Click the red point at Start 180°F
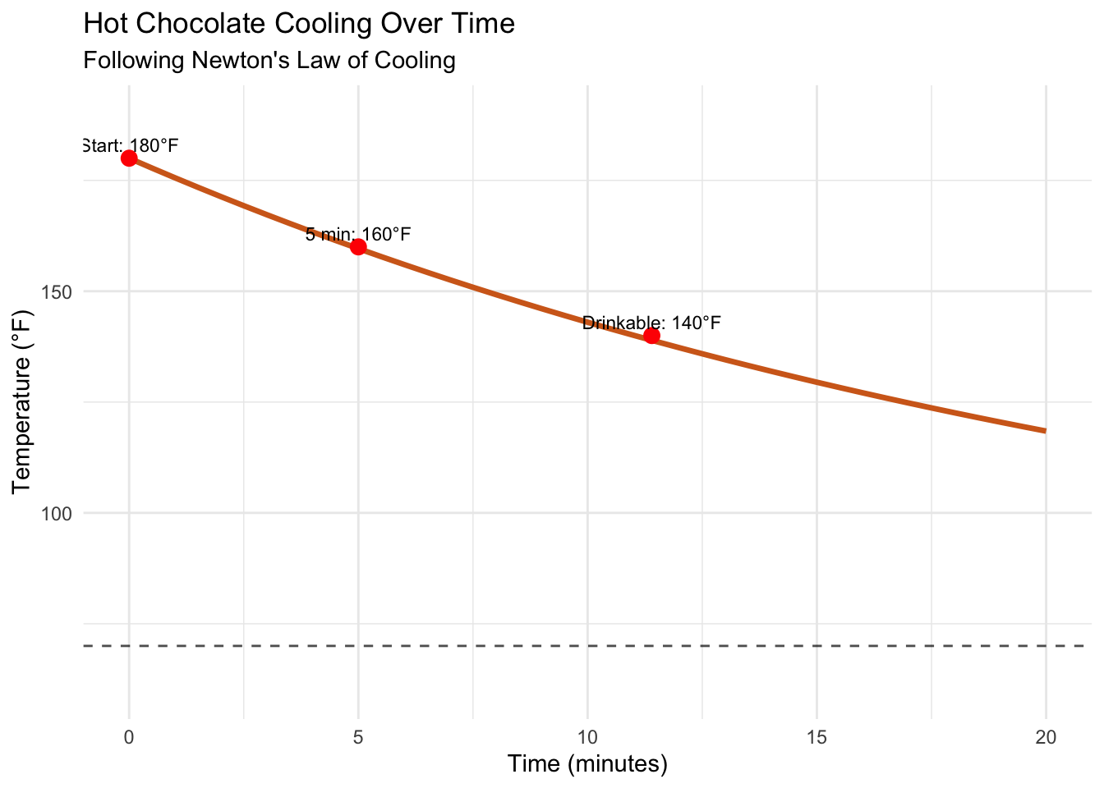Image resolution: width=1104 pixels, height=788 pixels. point(129,158)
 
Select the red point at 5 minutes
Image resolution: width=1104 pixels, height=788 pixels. point(358,247)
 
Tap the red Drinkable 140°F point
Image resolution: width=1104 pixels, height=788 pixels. point(651,336)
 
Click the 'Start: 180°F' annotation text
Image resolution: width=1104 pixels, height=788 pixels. point(131,146)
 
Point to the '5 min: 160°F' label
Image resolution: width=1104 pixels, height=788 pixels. point(358,235)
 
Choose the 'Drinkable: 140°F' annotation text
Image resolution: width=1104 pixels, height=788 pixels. point(651,323)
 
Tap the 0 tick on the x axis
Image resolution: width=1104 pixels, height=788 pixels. point(129,737)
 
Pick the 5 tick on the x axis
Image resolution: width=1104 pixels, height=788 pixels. point(358,737)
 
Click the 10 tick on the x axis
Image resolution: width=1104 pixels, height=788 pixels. point(587,737)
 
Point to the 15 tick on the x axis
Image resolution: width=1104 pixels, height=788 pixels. point(816,737)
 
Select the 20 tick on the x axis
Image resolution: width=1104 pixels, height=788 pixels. point(1046,737)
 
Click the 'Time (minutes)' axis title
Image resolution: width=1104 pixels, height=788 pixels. point(587,764)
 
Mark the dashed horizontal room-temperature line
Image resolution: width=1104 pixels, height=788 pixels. point(575,647)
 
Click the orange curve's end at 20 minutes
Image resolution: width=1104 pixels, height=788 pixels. point(1044,430)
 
